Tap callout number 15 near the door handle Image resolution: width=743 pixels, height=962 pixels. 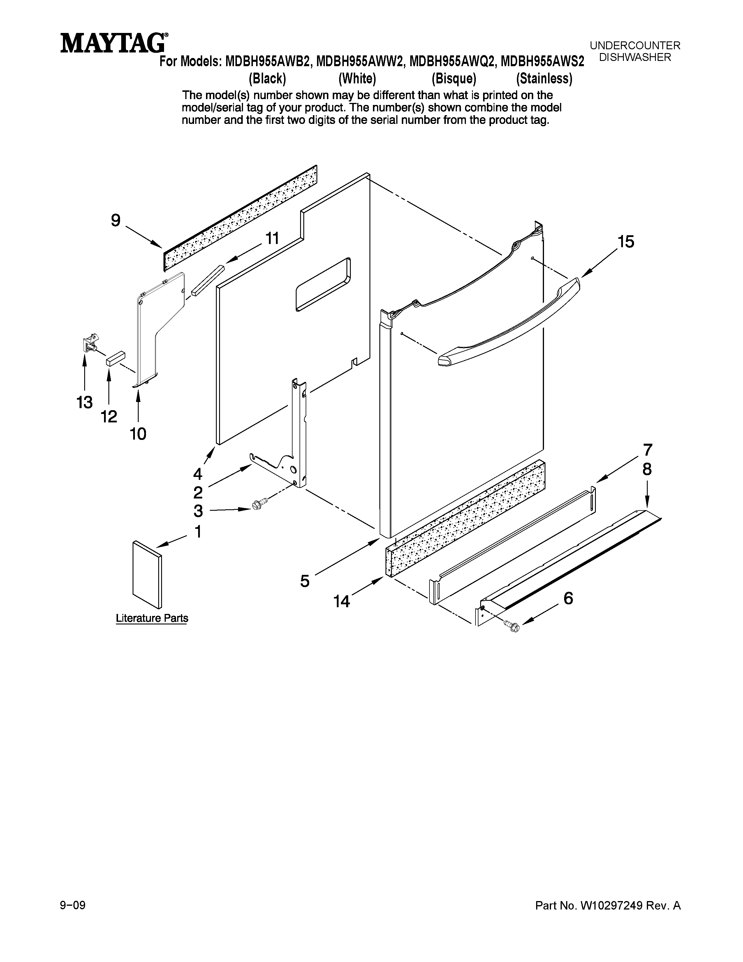626,242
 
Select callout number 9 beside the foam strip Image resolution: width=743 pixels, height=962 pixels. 115,220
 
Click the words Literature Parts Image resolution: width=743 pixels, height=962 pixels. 152,618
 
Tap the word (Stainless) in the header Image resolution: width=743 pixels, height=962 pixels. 544,78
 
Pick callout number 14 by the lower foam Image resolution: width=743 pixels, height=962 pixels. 341,601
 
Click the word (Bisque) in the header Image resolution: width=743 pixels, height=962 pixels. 454,78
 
